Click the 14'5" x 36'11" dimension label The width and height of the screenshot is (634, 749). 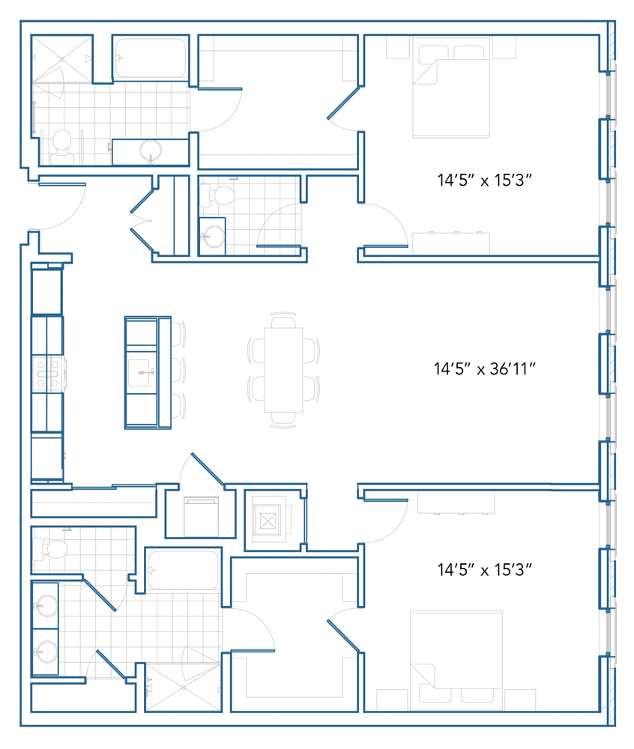pos(484,369)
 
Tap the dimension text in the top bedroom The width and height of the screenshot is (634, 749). pos(484,180)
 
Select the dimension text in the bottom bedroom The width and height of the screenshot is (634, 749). pos(484,569)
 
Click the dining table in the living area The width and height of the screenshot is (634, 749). pos(283,370)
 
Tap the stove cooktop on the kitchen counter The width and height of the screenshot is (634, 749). pos(46,373)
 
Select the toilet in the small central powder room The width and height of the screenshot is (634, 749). pos(217,195)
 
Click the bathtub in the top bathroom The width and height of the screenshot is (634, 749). pos(151,58)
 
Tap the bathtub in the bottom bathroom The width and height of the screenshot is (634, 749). pos(183,570)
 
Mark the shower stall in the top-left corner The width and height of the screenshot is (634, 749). pos(61,58)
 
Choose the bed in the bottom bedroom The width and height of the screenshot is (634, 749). pos(456,660)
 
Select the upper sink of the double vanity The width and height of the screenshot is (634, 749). pos(46,606)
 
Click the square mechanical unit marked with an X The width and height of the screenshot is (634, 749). pos(268,521)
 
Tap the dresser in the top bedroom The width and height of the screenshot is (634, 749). pos(451,243)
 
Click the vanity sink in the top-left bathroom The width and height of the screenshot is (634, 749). pos(151,152)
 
